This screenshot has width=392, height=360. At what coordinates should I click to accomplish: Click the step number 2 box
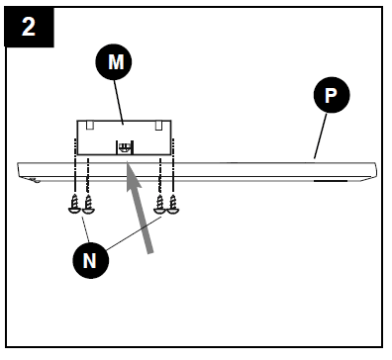(29, 27)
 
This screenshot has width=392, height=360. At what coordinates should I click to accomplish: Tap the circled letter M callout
(114, 61)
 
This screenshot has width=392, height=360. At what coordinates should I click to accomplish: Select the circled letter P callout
(332, 95)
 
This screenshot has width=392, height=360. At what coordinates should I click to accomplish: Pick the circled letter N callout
(90, 260)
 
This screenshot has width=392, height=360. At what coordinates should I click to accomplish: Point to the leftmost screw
(75, 204)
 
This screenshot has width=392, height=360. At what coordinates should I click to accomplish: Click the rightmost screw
(173, 204)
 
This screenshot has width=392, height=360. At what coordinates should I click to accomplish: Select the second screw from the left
(88, 204)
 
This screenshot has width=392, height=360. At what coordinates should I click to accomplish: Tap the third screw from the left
(160, 204)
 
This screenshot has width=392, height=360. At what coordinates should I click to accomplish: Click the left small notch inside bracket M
(90, 125)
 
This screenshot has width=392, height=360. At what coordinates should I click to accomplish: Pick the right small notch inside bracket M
(158, 125)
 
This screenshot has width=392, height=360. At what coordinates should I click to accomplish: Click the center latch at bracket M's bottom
(125, 147)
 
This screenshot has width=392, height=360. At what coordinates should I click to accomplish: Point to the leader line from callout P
(320, 135)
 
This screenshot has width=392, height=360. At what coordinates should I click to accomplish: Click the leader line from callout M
(119, 102)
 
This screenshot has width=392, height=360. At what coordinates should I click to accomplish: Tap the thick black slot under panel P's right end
(331, 181)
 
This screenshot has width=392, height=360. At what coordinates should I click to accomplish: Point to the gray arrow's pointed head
(134, 176)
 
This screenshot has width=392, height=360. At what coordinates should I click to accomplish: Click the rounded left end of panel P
(20, 170)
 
